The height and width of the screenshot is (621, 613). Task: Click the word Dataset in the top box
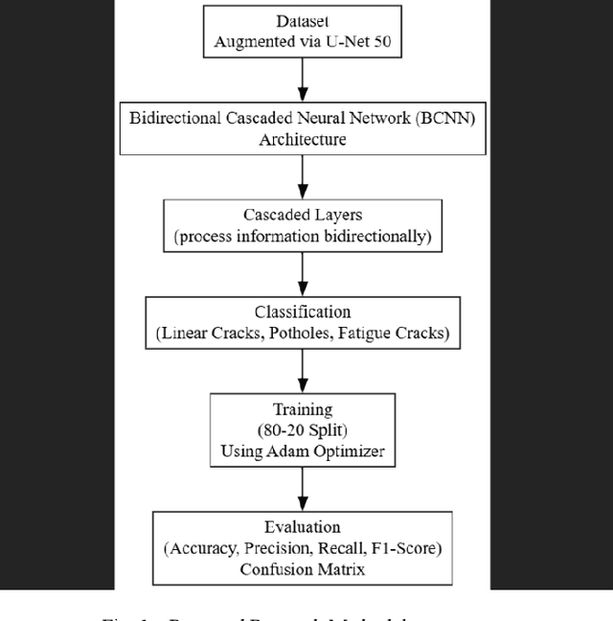pyautogui.click(x=302, y=21)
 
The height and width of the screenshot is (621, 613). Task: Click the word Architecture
pyautogui.click(x=302, y=139)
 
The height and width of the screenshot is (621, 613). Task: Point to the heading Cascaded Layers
pyautogui.click(x=302, y=216)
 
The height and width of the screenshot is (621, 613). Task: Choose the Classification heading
pyautogui.click(x=302, y=312)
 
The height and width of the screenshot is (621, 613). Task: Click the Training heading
pyautogui.click(x=302, y=410)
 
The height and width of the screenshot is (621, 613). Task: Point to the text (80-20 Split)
pyautogui.click(x=302, y=430)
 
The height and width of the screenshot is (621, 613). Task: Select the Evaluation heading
pyautogui.click(x=302, y=528)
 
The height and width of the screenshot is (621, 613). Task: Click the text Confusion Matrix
pyautogui.click(x=302, y=568)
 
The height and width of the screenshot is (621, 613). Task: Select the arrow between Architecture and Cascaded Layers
pyautogui.click(x=303, y=176)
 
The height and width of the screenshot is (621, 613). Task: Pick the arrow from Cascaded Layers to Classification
pyautogui.click(x=303, y=274)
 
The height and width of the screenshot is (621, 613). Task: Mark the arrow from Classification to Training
pyautogui.click(x=303, y=371)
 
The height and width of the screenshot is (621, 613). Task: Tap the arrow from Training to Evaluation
pyautogui.click(x=303, y=489)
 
